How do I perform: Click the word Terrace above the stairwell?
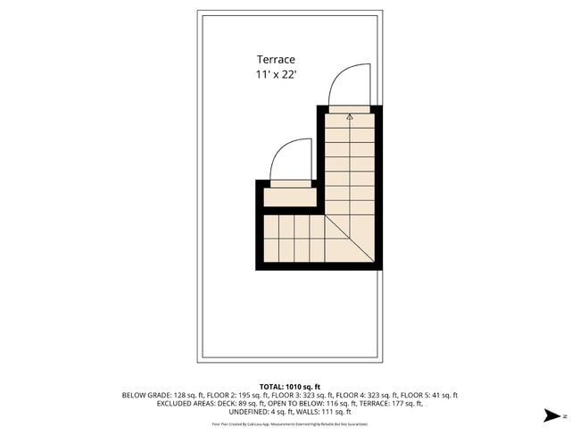coord(277,60)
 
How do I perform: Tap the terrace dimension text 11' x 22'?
coord(277,76)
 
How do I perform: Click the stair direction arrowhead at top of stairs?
coord(350,115)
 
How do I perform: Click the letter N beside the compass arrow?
coord(566,415)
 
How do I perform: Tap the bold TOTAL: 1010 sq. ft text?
coord(289,386)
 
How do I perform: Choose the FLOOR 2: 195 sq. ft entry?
coord(222,395)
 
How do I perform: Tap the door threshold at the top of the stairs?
coord(349,109)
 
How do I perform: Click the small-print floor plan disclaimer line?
coord(289,423)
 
